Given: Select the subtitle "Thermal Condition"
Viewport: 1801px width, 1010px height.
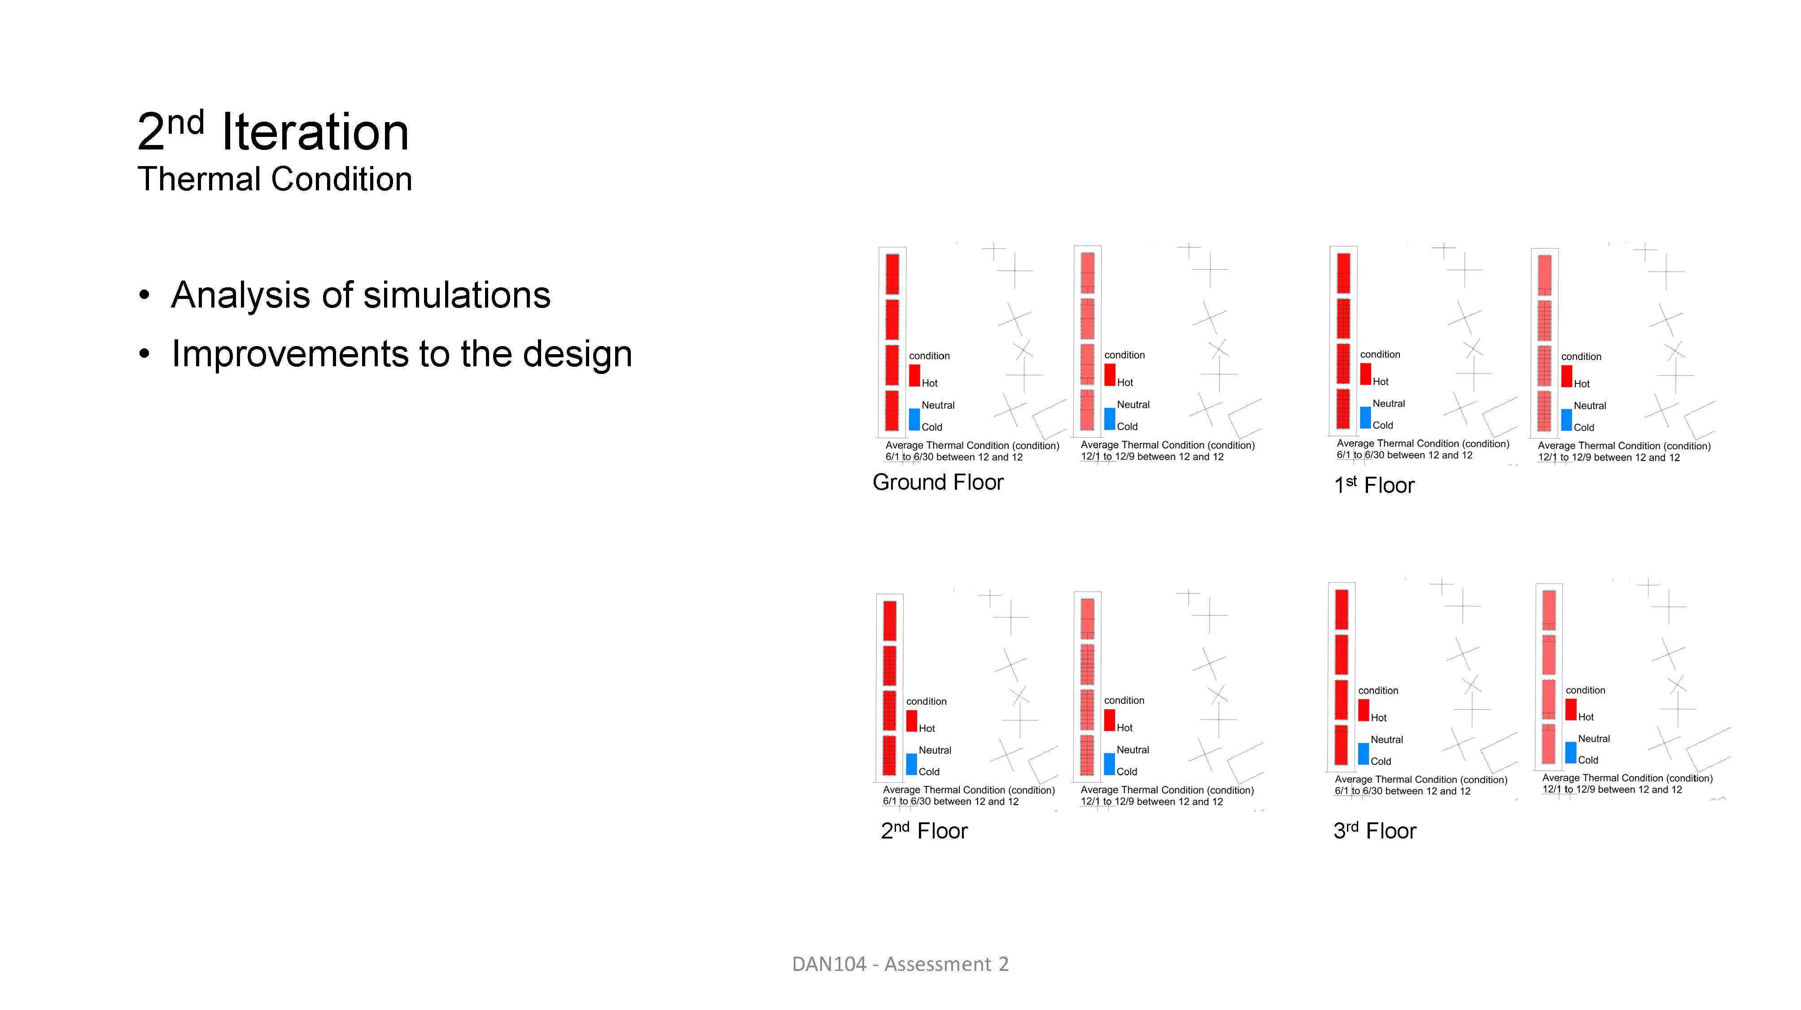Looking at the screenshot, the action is [x=275, y=179].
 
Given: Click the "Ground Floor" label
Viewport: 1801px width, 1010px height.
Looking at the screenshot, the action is [x=938, y=482].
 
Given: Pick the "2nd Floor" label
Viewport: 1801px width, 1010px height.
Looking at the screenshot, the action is [x=924, y=830].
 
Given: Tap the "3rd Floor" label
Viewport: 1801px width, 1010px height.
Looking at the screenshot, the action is [x=1374, y=830].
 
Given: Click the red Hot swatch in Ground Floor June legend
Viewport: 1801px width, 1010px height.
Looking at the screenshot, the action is [x=914, y=375].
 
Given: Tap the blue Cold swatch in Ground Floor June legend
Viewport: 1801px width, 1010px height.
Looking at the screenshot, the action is [x=914, y=419].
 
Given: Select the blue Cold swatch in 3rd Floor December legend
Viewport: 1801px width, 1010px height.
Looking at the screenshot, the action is [x=1571, y=753].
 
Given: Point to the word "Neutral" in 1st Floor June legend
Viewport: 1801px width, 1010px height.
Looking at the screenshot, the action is [x=1389, y=404].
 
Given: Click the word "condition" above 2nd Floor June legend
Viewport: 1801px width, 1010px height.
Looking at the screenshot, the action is [x=927, y=701].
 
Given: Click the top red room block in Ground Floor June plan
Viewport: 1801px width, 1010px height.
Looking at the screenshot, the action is [x=892, y=273].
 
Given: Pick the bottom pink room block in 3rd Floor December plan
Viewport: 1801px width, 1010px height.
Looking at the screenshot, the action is [x=1548, y=745].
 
